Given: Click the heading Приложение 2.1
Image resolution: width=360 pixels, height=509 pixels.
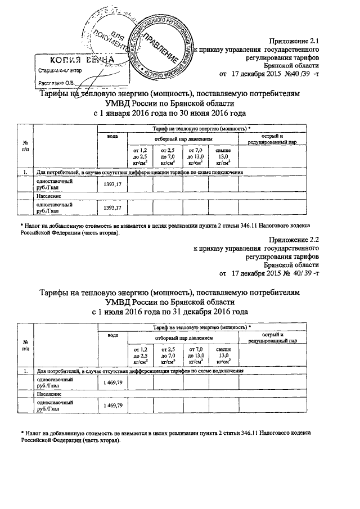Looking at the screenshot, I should tap(295, 41).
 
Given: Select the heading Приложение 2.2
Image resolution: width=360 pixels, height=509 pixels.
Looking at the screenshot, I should tap(295, 239).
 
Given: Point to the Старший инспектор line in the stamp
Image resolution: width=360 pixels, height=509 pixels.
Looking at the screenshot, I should tap(56, 71).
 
